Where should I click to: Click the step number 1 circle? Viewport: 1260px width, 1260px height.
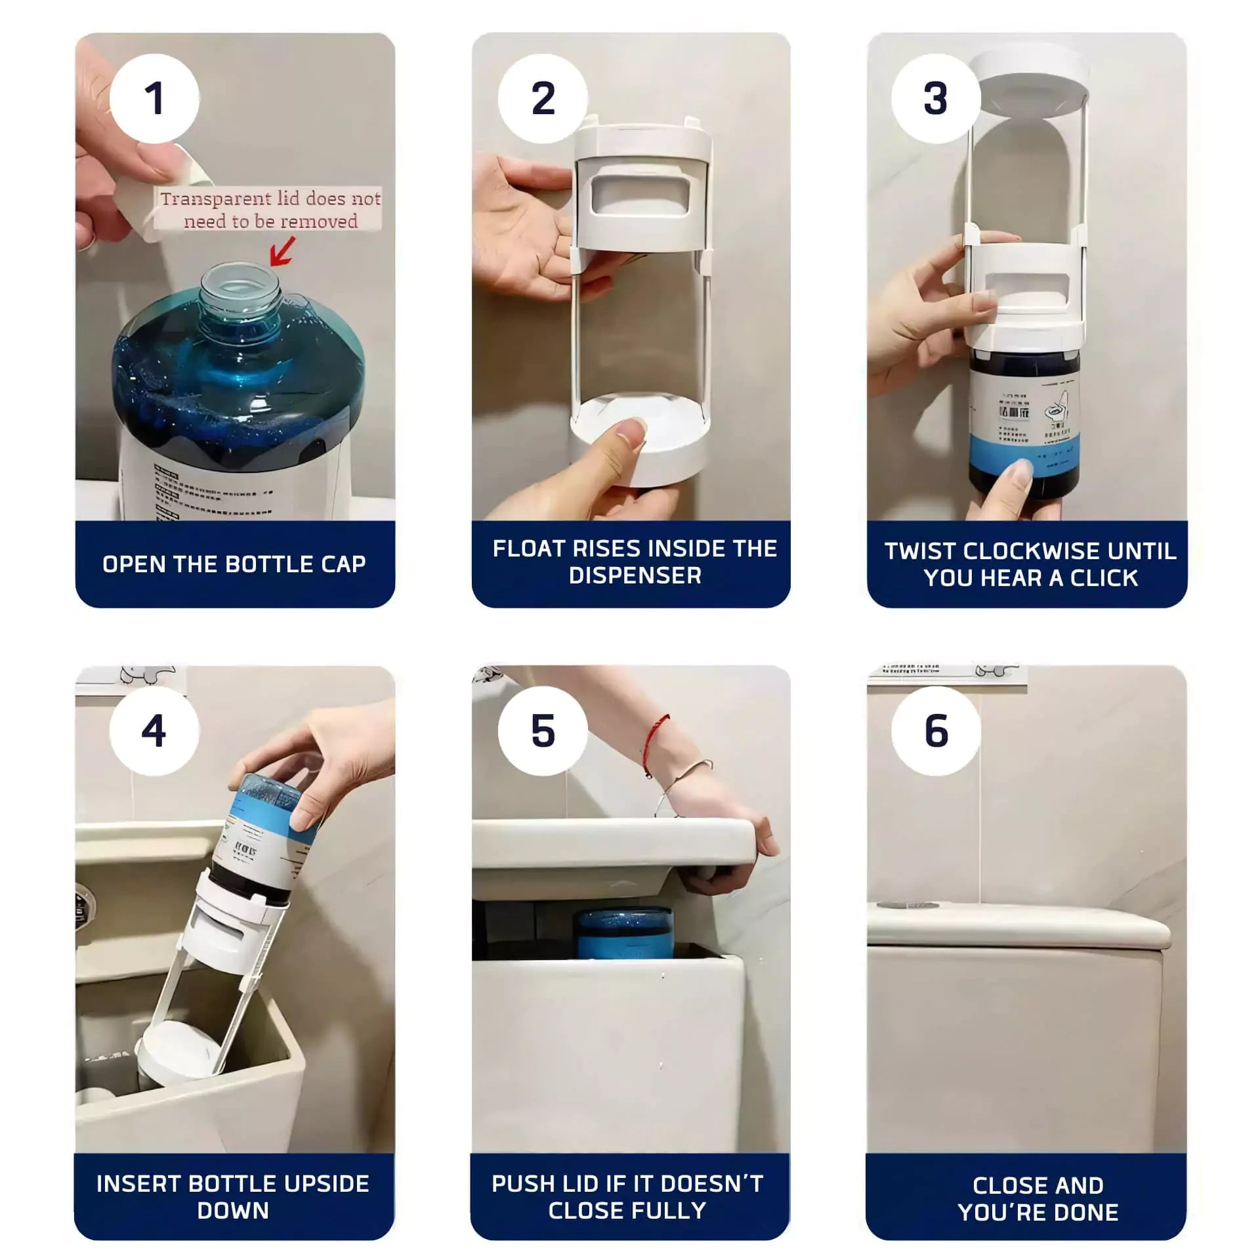pos(154,98)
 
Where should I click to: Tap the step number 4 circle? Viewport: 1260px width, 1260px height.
pos(154,730)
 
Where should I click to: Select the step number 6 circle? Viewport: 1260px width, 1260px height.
pos(936,730)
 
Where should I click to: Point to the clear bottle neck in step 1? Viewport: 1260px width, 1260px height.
pos(240,292)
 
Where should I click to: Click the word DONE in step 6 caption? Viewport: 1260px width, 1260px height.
pos(1085,1212)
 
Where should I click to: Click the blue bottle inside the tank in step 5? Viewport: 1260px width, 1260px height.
pos(623,932)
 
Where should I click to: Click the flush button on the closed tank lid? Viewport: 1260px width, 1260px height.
pos(912,906)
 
